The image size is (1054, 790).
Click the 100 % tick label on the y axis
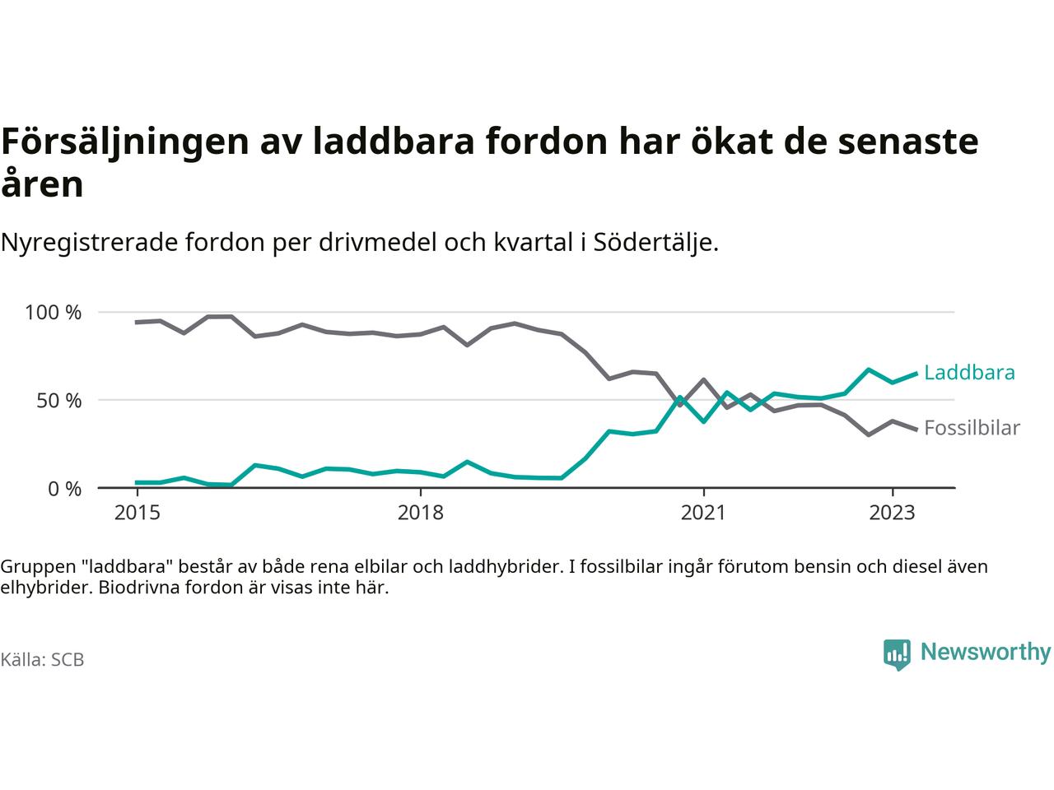pos(54,313)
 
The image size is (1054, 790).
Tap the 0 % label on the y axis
pos(63,489)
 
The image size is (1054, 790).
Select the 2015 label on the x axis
pos(138,513)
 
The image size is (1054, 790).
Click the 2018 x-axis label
pos(420,513)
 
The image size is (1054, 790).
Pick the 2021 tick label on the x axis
pos(703,513)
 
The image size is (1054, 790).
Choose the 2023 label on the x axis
pos(892,513)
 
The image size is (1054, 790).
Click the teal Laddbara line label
pos(969,373)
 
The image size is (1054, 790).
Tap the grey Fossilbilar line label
pos(972,428)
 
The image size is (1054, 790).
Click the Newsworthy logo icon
pos(897,654)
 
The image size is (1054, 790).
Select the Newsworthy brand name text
pos(986,653)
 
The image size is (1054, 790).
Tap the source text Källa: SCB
pos(43,660)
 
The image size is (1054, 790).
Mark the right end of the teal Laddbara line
pos(916,374)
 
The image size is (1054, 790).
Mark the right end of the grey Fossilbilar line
pos(916,429)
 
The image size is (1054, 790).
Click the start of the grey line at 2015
pos(137,322)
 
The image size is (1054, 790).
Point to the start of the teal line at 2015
pos(137,482)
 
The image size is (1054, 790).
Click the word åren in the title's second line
pos(43,184)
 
